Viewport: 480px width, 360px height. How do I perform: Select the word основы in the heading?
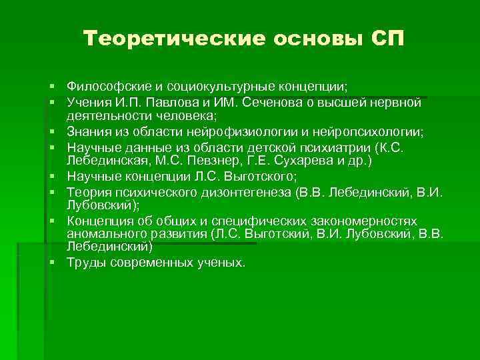(x=312, y=39)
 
